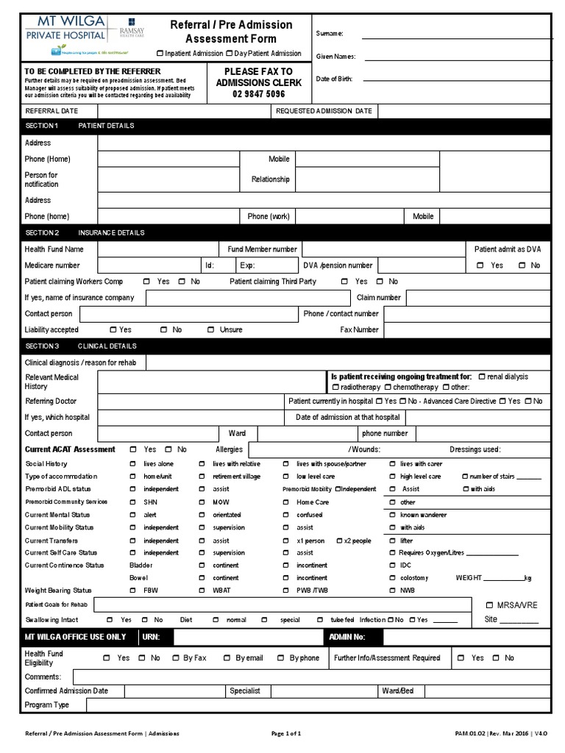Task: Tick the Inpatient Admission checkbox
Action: [x=160, y=54]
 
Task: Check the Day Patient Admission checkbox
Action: [x=230, y=54]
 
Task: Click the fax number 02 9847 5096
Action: [x=258, y=94]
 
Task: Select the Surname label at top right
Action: [x=330, y=34]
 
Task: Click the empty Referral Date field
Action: [x=183, y=111]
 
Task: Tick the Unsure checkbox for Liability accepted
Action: [x=210, y=330]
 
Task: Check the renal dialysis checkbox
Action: [x=481, y=376]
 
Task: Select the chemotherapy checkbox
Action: [x=387, y=388]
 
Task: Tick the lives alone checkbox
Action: [x=133, y=465]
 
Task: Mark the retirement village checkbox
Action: [x=202, y=477]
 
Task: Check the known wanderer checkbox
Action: [x=391, y=515]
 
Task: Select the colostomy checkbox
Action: [x=391, y=579]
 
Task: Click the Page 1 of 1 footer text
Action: [x=286, y=734]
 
